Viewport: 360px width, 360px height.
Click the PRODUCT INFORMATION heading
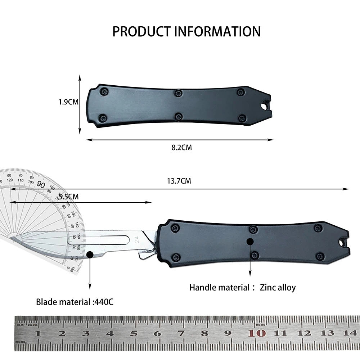(186, 31)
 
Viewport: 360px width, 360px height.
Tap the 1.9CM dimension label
(68, 102)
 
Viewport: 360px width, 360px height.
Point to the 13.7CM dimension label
(179, 181)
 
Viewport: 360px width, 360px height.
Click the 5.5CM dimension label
(68, 197)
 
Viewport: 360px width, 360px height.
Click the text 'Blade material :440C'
(75, 302)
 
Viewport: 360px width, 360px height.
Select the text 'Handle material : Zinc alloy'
(242, 287)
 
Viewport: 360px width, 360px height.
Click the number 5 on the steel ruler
(134, 333)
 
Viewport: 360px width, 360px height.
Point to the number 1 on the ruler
(38, 333)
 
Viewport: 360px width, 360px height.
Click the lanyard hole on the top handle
(265, 107)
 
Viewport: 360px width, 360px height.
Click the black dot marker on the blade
(90, 255)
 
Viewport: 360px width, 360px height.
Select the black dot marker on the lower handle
(250, 242)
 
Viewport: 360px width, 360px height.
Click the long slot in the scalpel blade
(98, 239)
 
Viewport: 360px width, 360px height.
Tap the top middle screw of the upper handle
(178, 93)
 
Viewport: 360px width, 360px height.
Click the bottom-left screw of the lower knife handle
(176, 257)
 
